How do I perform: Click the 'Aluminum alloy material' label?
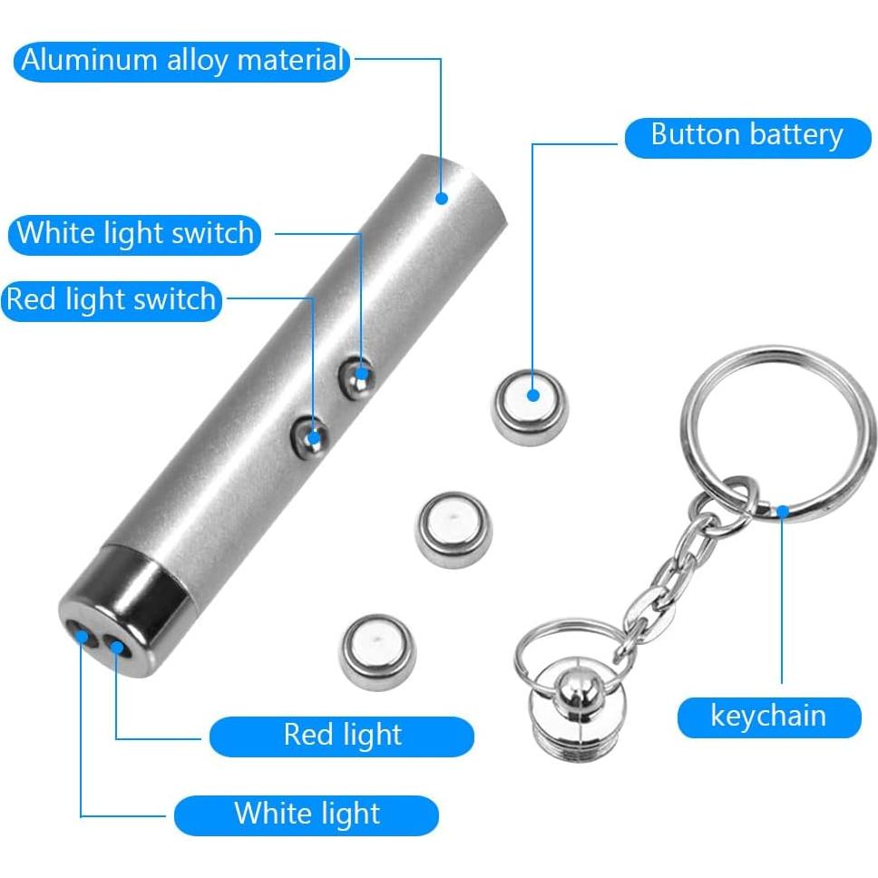click(182, 61)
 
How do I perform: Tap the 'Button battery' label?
click(747, 136)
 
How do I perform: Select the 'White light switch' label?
click(136, 234)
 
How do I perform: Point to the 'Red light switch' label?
click(112, 300)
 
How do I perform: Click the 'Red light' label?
click(342, 736)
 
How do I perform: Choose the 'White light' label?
click(307, 814)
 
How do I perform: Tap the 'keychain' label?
click(768, 717)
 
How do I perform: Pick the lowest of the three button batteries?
click(377, 650)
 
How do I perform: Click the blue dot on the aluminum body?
click(443, 197)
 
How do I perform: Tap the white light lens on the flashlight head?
click(83, 635)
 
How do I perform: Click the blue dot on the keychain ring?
click(783, 511)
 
